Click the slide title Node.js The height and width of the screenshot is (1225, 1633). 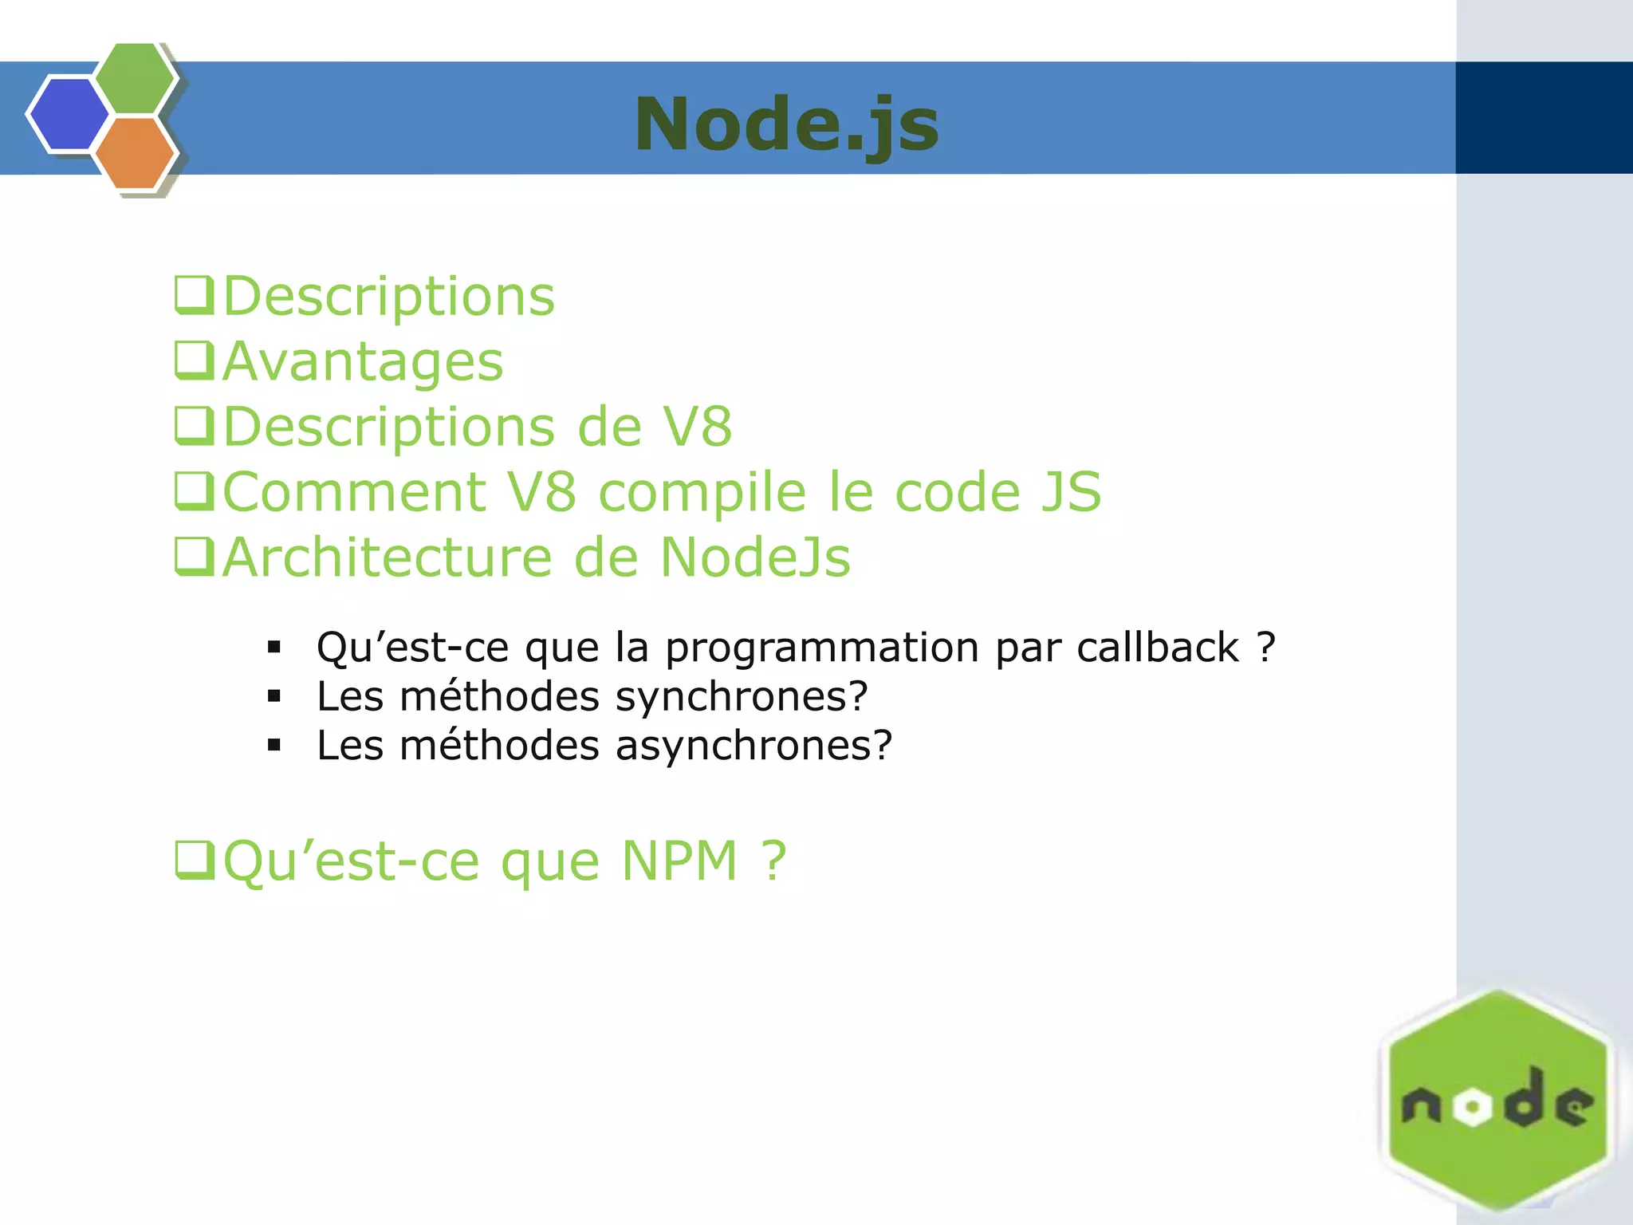(787, 124)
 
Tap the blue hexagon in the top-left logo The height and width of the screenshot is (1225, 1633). (69, 114)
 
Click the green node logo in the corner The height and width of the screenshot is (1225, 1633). (1497, 1104)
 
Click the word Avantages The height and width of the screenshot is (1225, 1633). (363, 361)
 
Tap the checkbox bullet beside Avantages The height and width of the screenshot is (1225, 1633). (194, 360)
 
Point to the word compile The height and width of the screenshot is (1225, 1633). (702, 491)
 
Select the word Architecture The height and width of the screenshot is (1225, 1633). (387, 557)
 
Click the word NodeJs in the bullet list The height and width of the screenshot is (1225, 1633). (755, 557)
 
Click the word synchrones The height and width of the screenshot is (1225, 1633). (742, 696)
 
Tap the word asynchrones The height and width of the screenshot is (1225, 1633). (754, 746)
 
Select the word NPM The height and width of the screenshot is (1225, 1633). (679, 861)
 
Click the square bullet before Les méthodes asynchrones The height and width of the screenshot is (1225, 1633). (274, 746)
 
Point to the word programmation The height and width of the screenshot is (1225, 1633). (822, 648)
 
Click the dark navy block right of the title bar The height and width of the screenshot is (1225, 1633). (1544, 118)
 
